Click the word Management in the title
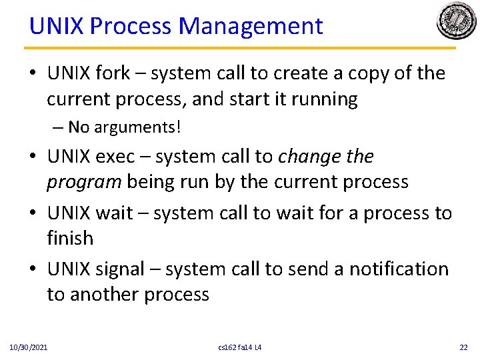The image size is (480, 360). pos(251,26)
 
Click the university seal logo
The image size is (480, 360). pos(457,21)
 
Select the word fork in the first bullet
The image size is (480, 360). pos(114,73)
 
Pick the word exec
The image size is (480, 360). pos(115,157)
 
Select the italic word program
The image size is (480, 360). pos(83,182)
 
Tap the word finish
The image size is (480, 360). pos(70,238)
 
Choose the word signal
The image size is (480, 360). pos(121,269)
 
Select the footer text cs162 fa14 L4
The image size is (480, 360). pos(239,347)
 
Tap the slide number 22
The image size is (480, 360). pos(463,347)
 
